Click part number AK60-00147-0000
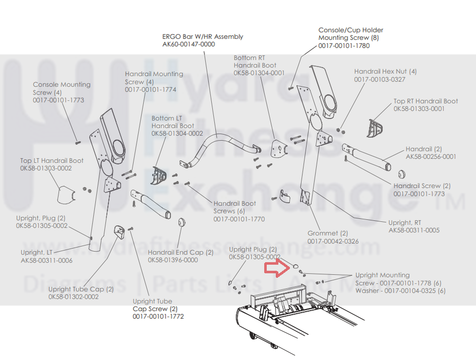click(188, 44)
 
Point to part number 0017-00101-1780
click(344, 46)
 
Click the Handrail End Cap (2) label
click(180, 252)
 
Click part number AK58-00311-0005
click(414, 230)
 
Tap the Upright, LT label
click(36, 252)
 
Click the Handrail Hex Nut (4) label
click(385, 72)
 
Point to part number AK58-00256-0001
click(431, 157)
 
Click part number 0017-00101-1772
click(158, 317)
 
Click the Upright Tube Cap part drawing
click(120, 232)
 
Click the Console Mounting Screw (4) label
click(62, 88)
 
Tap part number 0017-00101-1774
click(150, 90)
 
